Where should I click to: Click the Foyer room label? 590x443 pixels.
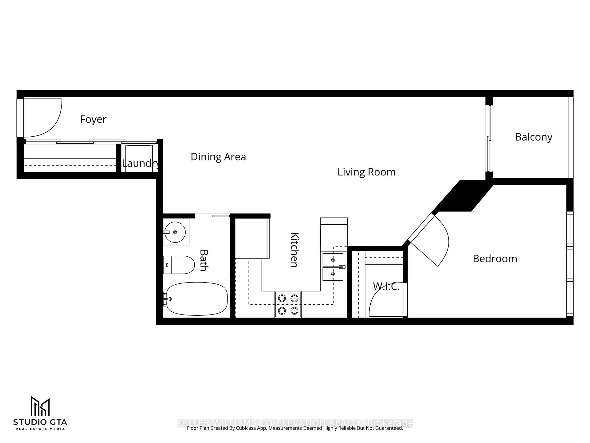coord(93,119)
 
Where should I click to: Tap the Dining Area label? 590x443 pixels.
coord(218,157)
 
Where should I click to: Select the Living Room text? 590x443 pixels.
coord(366,172)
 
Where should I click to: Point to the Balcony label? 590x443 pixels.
coord(533,137)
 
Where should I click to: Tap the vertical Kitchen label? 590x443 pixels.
coord(295,250)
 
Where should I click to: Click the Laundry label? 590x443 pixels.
coord(141,163)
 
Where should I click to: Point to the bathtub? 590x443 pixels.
coord(197,299)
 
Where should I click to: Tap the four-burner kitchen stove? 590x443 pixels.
coord(288,304)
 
